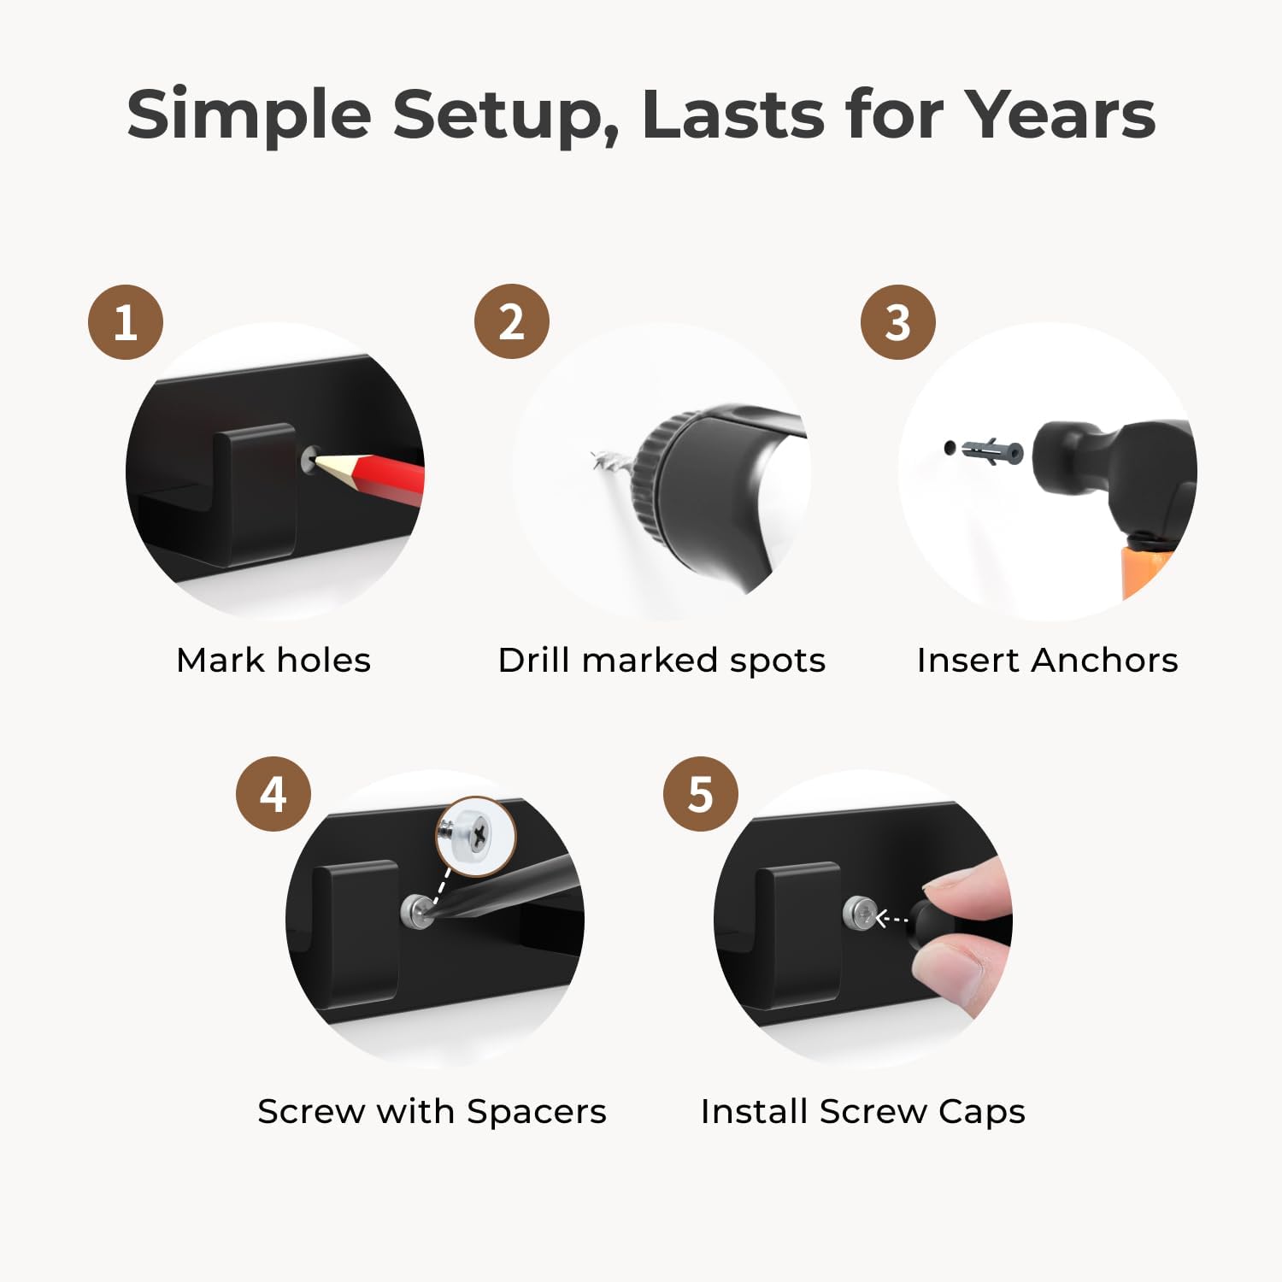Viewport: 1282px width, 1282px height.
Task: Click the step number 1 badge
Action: pyautogui.click(x=126, y=322)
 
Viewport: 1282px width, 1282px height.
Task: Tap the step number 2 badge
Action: pyautogui.click(x=512, y=321)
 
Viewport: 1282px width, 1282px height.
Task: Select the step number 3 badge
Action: pyautogui.click(x=897, y=322)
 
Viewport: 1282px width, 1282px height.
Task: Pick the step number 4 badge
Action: pyautogui.click(x=273, y=794)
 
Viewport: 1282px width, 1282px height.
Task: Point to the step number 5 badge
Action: pyautogui.click(x=701, y=794)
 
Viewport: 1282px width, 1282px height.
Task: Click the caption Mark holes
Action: pyautogui.click(x=273, y=660)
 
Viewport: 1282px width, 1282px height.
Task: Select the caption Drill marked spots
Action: pyautogui.click(x=662, y=661)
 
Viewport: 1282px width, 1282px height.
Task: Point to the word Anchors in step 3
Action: pyautogui.click(x=1104, y=661)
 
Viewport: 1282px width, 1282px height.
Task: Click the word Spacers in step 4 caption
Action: pyautogui.click(x=537, y=1112)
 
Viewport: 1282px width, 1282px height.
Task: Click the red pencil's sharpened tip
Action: pyautogui.click(x=319, y=460)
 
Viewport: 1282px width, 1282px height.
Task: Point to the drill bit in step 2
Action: pyautogui.click(x=612, y=462)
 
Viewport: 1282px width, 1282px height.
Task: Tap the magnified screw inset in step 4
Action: pyautogui.click(x=476, y=836)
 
